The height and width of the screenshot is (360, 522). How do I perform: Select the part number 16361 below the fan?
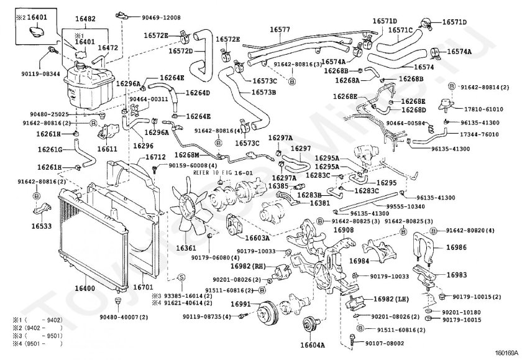coord(186,248)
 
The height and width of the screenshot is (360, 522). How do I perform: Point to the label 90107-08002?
coord(383,343)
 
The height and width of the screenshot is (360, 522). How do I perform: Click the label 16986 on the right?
coord(457,247)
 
